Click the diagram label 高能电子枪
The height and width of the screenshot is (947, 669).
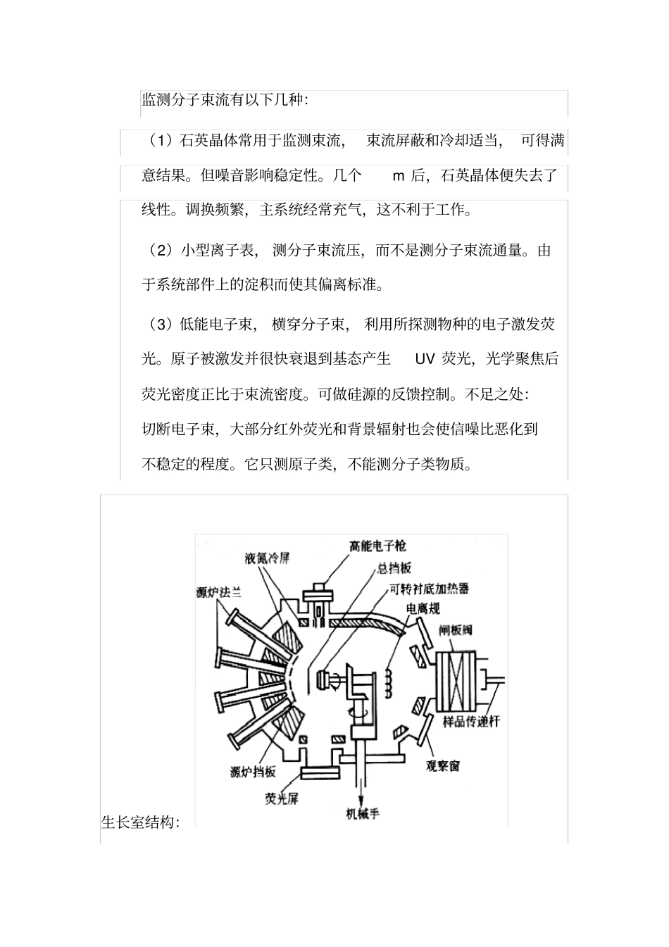pyautogui.click(x=377, y=546)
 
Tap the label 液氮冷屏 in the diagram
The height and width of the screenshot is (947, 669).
pyautogui.click(x=268, y=559)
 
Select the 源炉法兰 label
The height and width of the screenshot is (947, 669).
pyautogui.click(x=218, y=593)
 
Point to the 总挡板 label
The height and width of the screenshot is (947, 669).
pyautogui.click(x=394, y=568)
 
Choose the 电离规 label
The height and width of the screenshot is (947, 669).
pyautogui.click(x=423, y=608)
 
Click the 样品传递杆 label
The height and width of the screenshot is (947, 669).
pyautogui.click(x=470, y=722)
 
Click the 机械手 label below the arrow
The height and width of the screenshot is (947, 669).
pyautogui.click(x=363, y=814)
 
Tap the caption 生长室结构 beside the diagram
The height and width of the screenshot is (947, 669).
pyautogui.click(x=141, y=822)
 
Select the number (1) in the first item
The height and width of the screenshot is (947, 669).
pyautogui.click(x=161, y=141)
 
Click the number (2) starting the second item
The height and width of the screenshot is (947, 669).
pyautogui.click(x=161, y=250)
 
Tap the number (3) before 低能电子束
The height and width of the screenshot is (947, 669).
pyautogui.click(x=161, y=325)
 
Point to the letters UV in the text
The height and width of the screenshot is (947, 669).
pyautogui.click(x=425, y=359)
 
